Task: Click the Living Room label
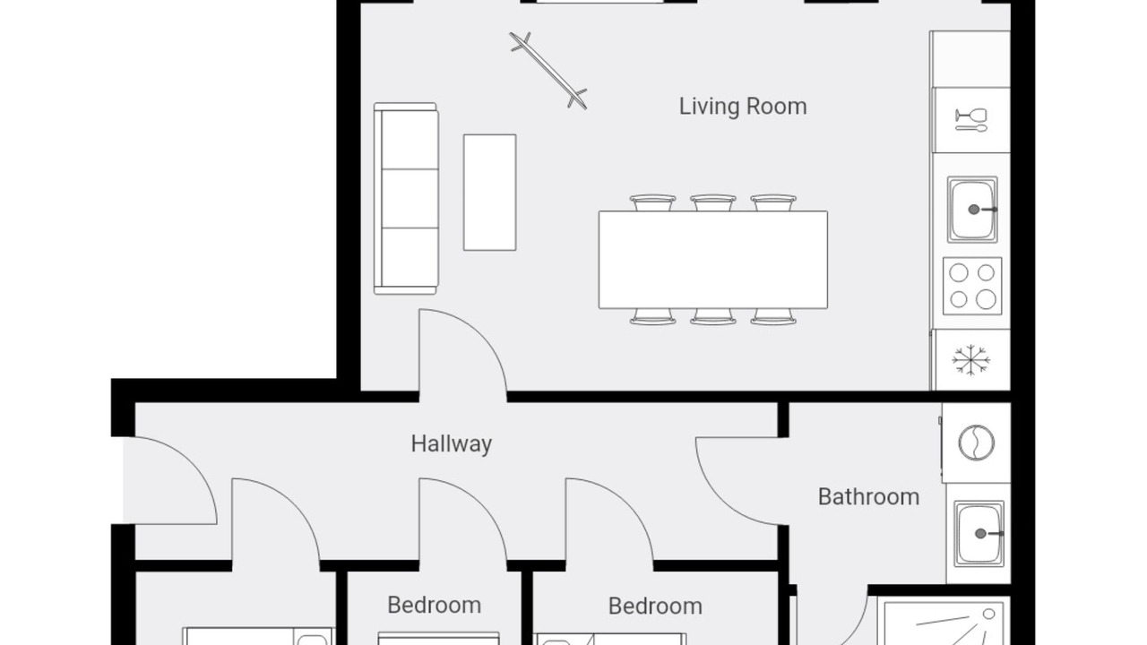pyautogui.click(x=743, y=107)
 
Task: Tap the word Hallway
pyautogui.click(x=451, y=443)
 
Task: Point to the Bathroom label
pyautogui.click(x=868, y=497)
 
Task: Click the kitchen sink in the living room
pyautogui.click(x=972, y=210)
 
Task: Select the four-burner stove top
pyautogui.click(x=972, y=286)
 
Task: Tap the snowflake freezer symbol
pyautogui.click(x=970, y=360)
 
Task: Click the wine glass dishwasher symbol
pyautogui.click(x=970, y=120)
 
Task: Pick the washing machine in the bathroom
pyautogui.click(x=976, y=443)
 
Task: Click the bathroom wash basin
pyautogui.click(x=979, y=534)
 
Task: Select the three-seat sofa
pyautogui.click(x=406, y=199)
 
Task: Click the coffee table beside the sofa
pyautogui.click(x=489, y=193)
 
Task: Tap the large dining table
pyautogui.click(x=712, y=260)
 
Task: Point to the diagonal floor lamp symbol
pyautogui.click(x=548, y=71)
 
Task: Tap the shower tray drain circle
pyautogui.click(x=988, y=614)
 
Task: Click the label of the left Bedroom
pyautogui.click(x=435, y=606)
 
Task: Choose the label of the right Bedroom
pyautogui.click(x=655, y=606)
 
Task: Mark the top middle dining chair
pyautogui.click(x=712, y=202)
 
